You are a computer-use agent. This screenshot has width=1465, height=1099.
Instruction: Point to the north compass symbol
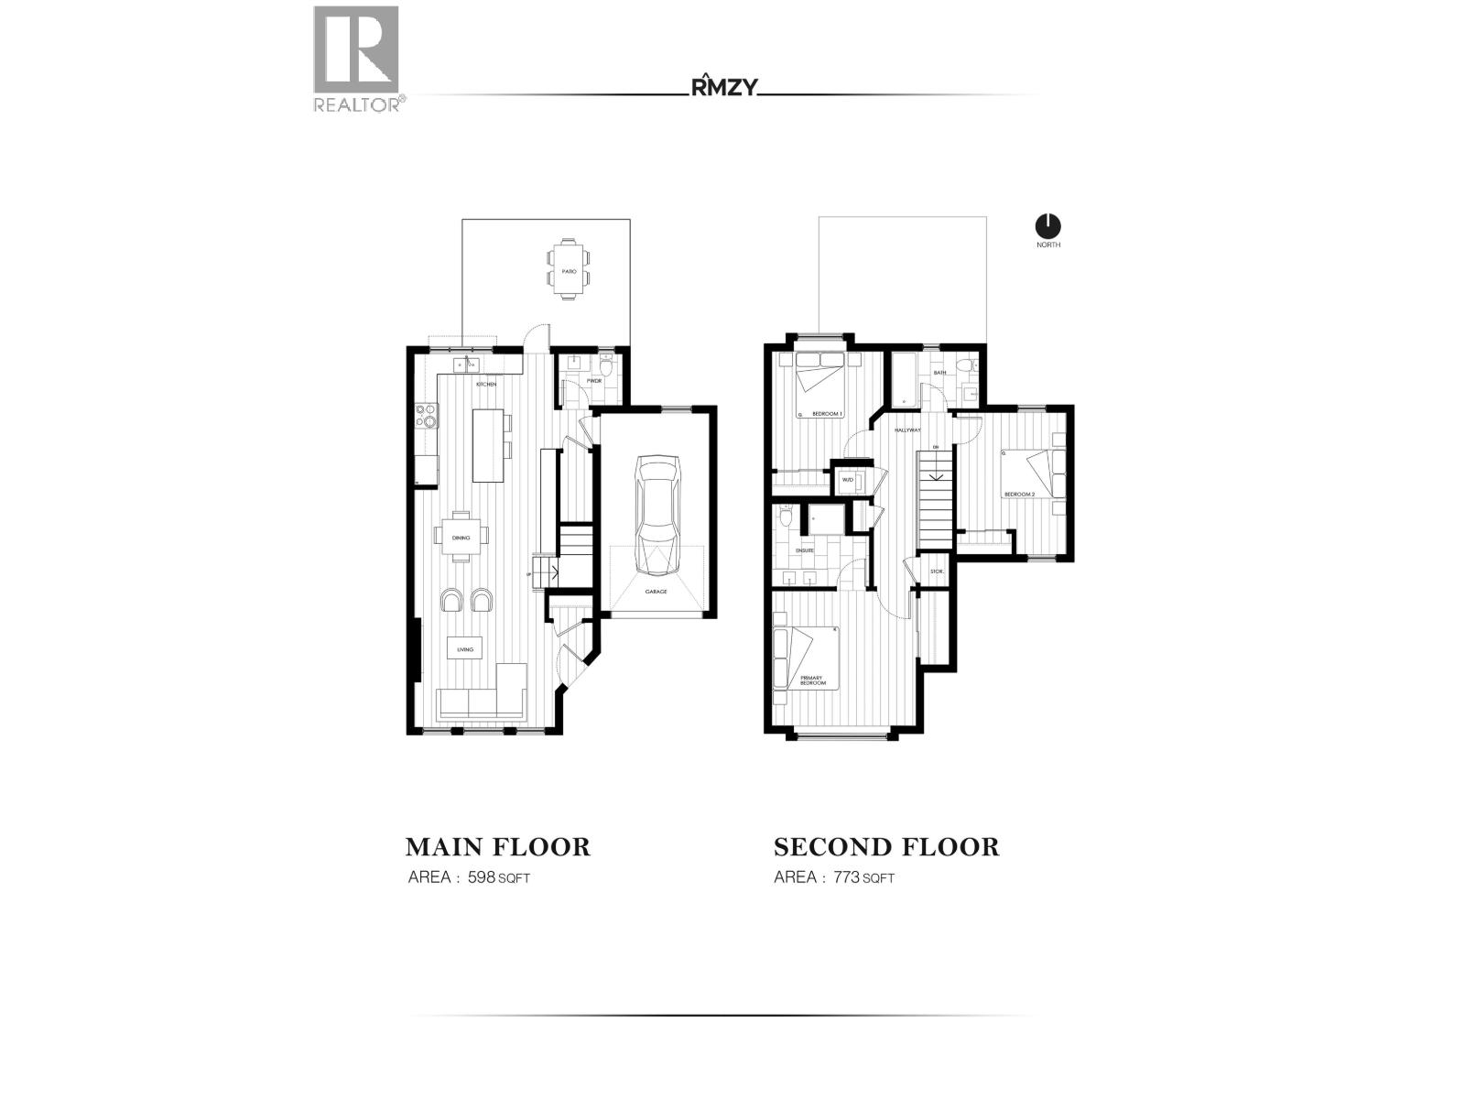coord(1047,225)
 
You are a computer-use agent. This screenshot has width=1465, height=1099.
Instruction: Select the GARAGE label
coord(656,592)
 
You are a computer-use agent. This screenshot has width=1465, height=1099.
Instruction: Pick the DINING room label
coord(461,538)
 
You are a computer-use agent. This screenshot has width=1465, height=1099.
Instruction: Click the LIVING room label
coord(465,649)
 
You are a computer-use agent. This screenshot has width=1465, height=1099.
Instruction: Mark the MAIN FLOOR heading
coord(497,846)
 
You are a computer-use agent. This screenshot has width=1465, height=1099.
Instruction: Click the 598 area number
coord(482,877)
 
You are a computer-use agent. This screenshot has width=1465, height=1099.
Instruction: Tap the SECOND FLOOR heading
coord(885,846)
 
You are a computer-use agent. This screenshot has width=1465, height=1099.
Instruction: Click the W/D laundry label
coord(847,479)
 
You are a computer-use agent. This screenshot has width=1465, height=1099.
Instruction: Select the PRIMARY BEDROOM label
coord(813,680)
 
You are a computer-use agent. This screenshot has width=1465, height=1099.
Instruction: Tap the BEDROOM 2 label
coord(1019,495)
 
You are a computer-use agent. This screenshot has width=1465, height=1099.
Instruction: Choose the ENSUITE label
coord(805,550)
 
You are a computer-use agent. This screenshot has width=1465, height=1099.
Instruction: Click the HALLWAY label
coord(907,430)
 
